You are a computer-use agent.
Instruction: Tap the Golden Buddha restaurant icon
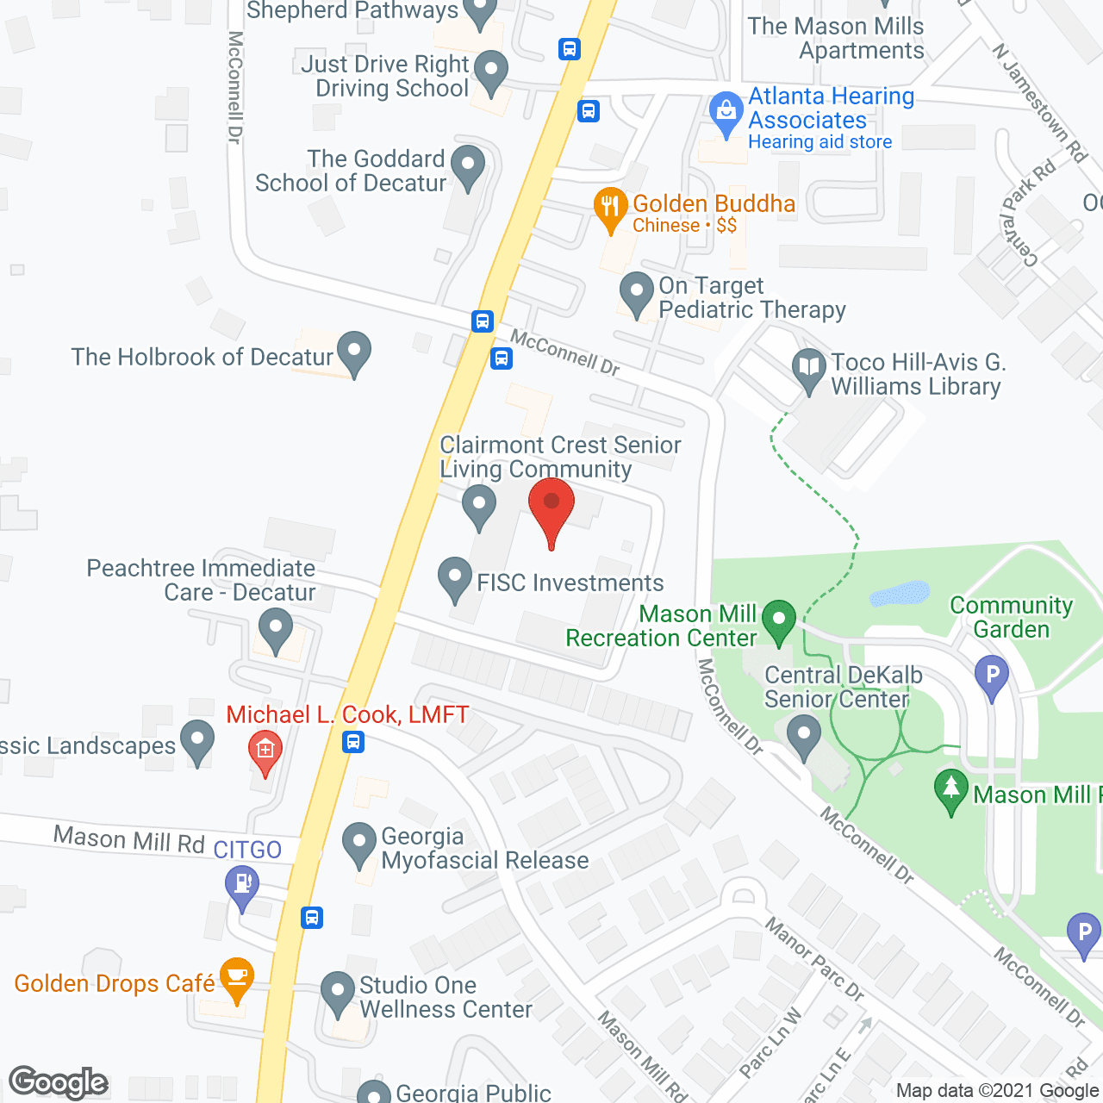[x=610, y=208]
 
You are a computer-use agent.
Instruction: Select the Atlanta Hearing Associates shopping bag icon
[x=726, y=113]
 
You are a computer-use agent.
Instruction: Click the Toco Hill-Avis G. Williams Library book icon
[x=808, y=369]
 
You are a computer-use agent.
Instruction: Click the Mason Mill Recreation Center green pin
[x=779, y=620]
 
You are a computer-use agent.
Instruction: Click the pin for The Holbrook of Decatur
[x=353, y=352]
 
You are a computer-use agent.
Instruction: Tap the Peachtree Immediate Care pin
[x=276, y=628]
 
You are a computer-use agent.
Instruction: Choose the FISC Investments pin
[x=454, y=578]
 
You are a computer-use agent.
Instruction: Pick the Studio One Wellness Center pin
[x=337, y=993]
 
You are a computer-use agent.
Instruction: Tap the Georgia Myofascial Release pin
[x=359, y=844]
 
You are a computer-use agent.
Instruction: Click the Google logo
[x=59, y=1082]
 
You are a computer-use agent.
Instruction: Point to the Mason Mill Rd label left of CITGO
[x=129, y=838]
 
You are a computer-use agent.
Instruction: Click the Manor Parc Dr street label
[x=814, y=959]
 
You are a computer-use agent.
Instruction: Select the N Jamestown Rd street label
[x=1039, y=103]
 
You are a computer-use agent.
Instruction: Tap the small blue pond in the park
[x=900, y=595]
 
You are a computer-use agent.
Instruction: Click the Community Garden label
[x=1011, y=617]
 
